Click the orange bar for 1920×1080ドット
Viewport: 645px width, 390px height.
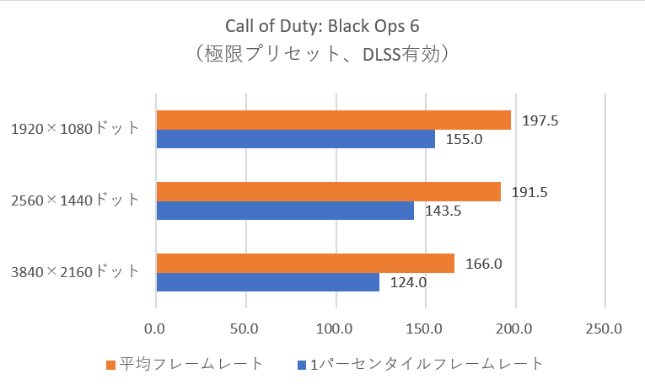pos(333,120)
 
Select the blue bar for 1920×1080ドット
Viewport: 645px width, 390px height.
pos(295,139)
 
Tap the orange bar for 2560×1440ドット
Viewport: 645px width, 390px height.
pos(328,192)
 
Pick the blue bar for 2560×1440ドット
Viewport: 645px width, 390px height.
pos(285,211)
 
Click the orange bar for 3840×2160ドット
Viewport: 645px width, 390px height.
pos(304,264)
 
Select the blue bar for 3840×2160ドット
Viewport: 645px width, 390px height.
pos(267,282)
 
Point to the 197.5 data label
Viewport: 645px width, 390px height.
pos(540,120)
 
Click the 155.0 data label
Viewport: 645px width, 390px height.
pos(465,140)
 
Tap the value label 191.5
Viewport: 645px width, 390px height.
pos(530,192)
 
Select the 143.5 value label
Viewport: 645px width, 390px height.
pos(443,211)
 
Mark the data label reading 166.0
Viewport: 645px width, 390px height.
pos(484,264)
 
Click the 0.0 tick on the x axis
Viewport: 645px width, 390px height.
pos(155,326)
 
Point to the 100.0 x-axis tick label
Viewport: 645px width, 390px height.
pos(336,326)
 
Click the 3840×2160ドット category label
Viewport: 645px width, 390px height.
pos(76,272)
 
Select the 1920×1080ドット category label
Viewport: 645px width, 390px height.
pos(76,129)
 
